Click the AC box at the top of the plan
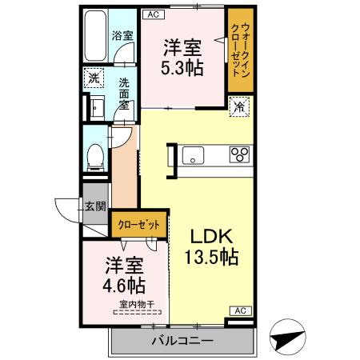pos(154,14)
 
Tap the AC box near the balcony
pos(239,310)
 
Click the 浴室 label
pos(121,36)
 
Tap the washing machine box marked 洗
pos(94,78)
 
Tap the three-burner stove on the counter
pos(241,154)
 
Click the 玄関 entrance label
pos(95,206)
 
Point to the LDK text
pos(211,238)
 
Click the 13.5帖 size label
pos(211,258)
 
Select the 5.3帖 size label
pos(182,68)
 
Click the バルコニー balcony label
pos(182,342)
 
